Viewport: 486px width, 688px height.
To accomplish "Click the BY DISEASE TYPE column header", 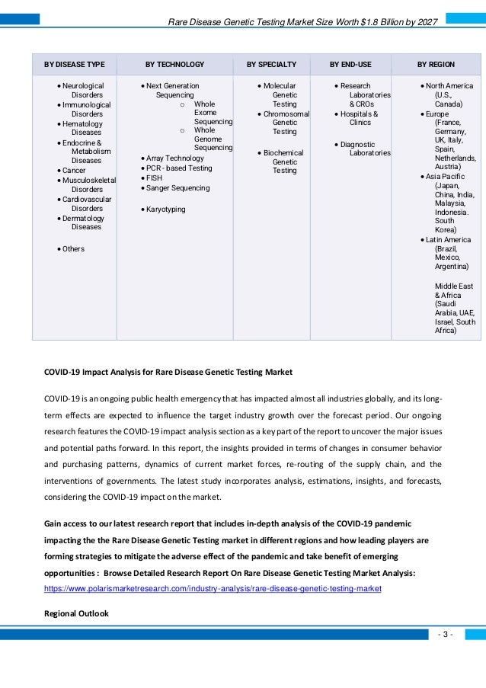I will click(74, 65).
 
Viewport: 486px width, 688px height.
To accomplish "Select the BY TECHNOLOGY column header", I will click(174, 65).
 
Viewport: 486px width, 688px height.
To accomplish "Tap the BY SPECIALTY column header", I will click(271, 65).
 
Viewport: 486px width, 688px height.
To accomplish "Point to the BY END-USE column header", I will click(350, 65).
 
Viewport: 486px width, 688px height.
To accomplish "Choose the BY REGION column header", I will click(436, 65).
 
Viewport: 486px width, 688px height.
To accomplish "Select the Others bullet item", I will click(73, 249).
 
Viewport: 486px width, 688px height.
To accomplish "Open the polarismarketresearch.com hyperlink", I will click(213, 590).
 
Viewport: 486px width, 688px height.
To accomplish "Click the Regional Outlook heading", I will click(76, 613).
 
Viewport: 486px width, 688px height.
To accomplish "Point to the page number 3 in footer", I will click(446, 635).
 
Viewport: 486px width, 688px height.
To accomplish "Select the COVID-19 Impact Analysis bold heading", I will click(168, 372).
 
